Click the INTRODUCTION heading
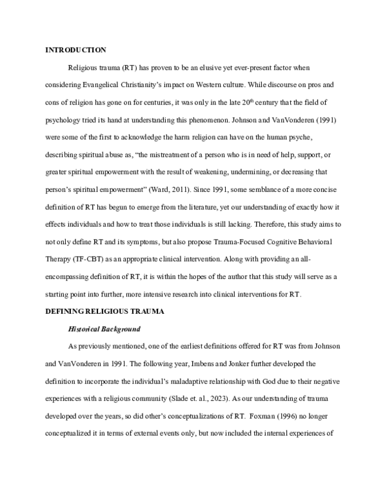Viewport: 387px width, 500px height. (x=75, y=50)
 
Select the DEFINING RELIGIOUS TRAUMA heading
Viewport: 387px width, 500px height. (x=105, y=311)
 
